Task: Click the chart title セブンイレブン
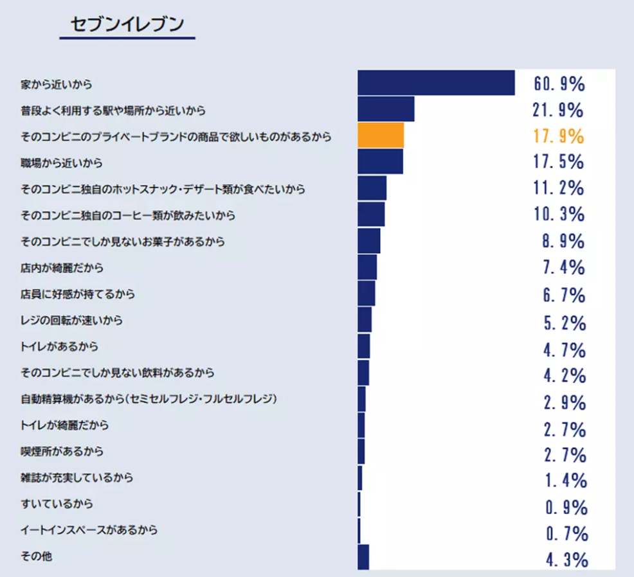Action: pyautogui.click(x=127, y=24)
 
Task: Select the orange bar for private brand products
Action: pyautogui.click(x=381, y=136)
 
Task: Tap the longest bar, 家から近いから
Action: pyautogui.click(x=436, y=83)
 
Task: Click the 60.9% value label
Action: pyautogui.click(x=559, y=84)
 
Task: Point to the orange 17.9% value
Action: pyautogui.click(x=559, y=136)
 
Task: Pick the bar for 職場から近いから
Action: pyautogui.click(x=380, y=161)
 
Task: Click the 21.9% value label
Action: pyautogui.click(x=559, y=110)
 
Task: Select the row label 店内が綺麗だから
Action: pyautogui.click(x=62, y=267)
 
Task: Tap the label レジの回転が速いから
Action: pyautogui.click(x=71, y=320)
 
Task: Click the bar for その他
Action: pyautogui.click(x=363, y=556)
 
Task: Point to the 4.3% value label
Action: pyautogui.click(x=566, y=560)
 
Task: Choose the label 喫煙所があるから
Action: pyautogui.click(x=62, y=452)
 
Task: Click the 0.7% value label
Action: pyautogui.click(x=566, y=533)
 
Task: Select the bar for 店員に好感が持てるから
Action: pyautogui.click(x=367, y=293)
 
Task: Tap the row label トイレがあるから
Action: pyautogui.click(x=59, y=347)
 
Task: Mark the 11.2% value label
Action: pyautogui.click(x=559, y=188)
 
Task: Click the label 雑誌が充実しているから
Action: pyautogui.click(x=77, y=478)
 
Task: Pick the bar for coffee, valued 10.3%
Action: pyautogui.click(x=371, y=214)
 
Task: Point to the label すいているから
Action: pyautogui.click(x=57, y=504)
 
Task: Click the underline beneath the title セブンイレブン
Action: pyautogui.click(x=127, y=39)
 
